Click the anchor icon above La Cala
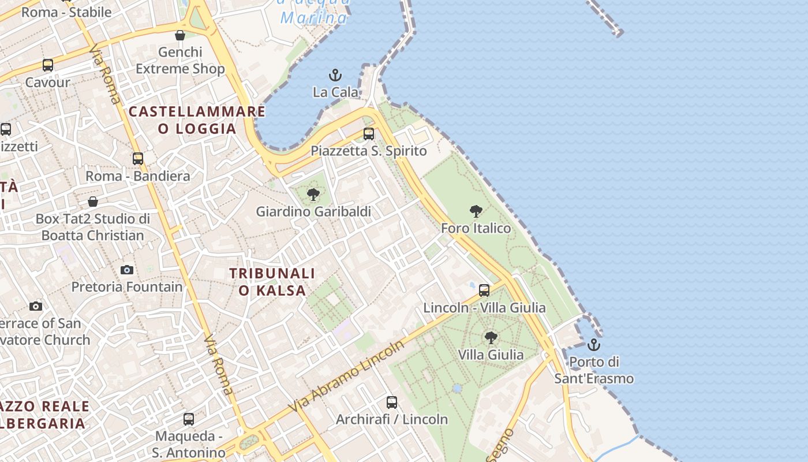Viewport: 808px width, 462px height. (x=335, y=75)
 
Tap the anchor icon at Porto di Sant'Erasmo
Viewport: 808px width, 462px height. (x=593, y=345)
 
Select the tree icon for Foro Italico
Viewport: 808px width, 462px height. (x=476, y=211)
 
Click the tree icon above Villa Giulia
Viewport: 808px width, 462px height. (x=491, y=337)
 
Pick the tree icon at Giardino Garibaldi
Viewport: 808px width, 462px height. (x=313, y=195)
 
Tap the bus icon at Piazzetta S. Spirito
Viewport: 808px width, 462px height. (x=369, y=134)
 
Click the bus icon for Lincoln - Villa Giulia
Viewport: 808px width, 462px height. (x=484, y=290)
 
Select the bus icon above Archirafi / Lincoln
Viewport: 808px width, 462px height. (x=392, y=402)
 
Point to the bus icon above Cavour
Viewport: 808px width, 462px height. (x=48, y=65)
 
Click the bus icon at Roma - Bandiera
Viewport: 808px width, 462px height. (x=137, y=158)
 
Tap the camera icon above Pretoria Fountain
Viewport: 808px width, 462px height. (x=127, y=270)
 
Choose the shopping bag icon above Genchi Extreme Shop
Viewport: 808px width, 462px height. (x=180, y=35)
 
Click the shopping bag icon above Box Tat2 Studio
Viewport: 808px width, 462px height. (x=93, y=202)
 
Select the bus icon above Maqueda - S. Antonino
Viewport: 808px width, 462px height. (x=189, y=419)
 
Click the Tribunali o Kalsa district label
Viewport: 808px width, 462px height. (x=272, y=281)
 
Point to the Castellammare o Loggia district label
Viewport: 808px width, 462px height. (x=197, y=120)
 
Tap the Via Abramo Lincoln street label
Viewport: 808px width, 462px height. (x=346, y=377)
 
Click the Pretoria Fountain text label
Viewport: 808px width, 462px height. (x=127, y=286)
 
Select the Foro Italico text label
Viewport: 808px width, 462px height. (x=476, y=228)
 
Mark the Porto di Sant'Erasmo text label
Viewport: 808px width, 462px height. (x=594, y=370)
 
